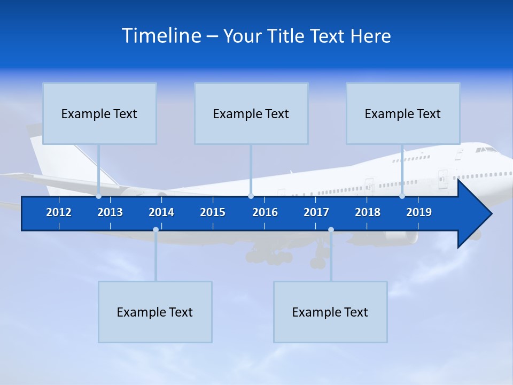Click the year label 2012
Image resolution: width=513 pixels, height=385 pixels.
coord(59,212)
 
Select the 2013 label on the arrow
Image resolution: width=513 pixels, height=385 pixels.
coord(110,212)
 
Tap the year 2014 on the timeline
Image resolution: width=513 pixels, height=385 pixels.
coord(161,212)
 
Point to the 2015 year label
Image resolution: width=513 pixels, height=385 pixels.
coord(213,212)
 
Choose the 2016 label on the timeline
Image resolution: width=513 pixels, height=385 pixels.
coord(265,212)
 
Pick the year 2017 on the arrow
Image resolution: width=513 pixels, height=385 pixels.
coord(316,212)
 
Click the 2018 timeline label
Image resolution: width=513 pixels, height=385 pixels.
coord(368,212)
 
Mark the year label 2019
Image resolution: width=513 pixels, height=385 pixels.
coord(419,212)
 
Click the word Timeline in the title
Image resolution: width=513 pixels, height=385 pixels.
coord(161,36)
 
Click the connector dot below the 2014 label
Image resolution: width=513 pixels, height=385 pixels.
coord(156,230)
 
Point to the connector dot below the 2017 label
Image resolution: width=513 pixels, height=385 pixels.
coord(331,230)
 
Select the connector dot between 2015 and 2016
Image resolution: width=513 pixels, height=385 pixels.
coord(251,196)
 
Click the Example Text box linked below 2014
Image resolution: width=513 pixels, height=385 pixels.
coord(155,312)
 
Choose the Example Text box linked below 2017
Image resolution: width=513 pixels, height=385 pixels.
coord(330,312)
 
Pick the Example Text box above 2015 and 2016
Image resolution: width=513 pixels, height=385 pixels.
coord(251,113)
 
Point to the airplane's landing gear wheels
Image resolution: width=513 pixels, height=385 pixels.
coord(273,258)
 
